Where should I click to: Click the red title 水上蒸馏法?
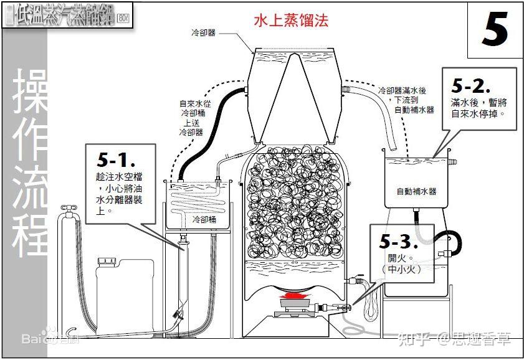pyautogui.click(x=290, y=21)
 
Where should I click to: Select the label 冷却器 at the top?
pyautogui.click(x=204, y=32)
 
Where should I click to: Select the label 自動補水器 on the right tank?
pyautogui.click(x=416, y=191)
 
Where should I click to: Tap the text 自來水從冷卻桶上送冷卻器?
pyautogui.click(x=191, y=118)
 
